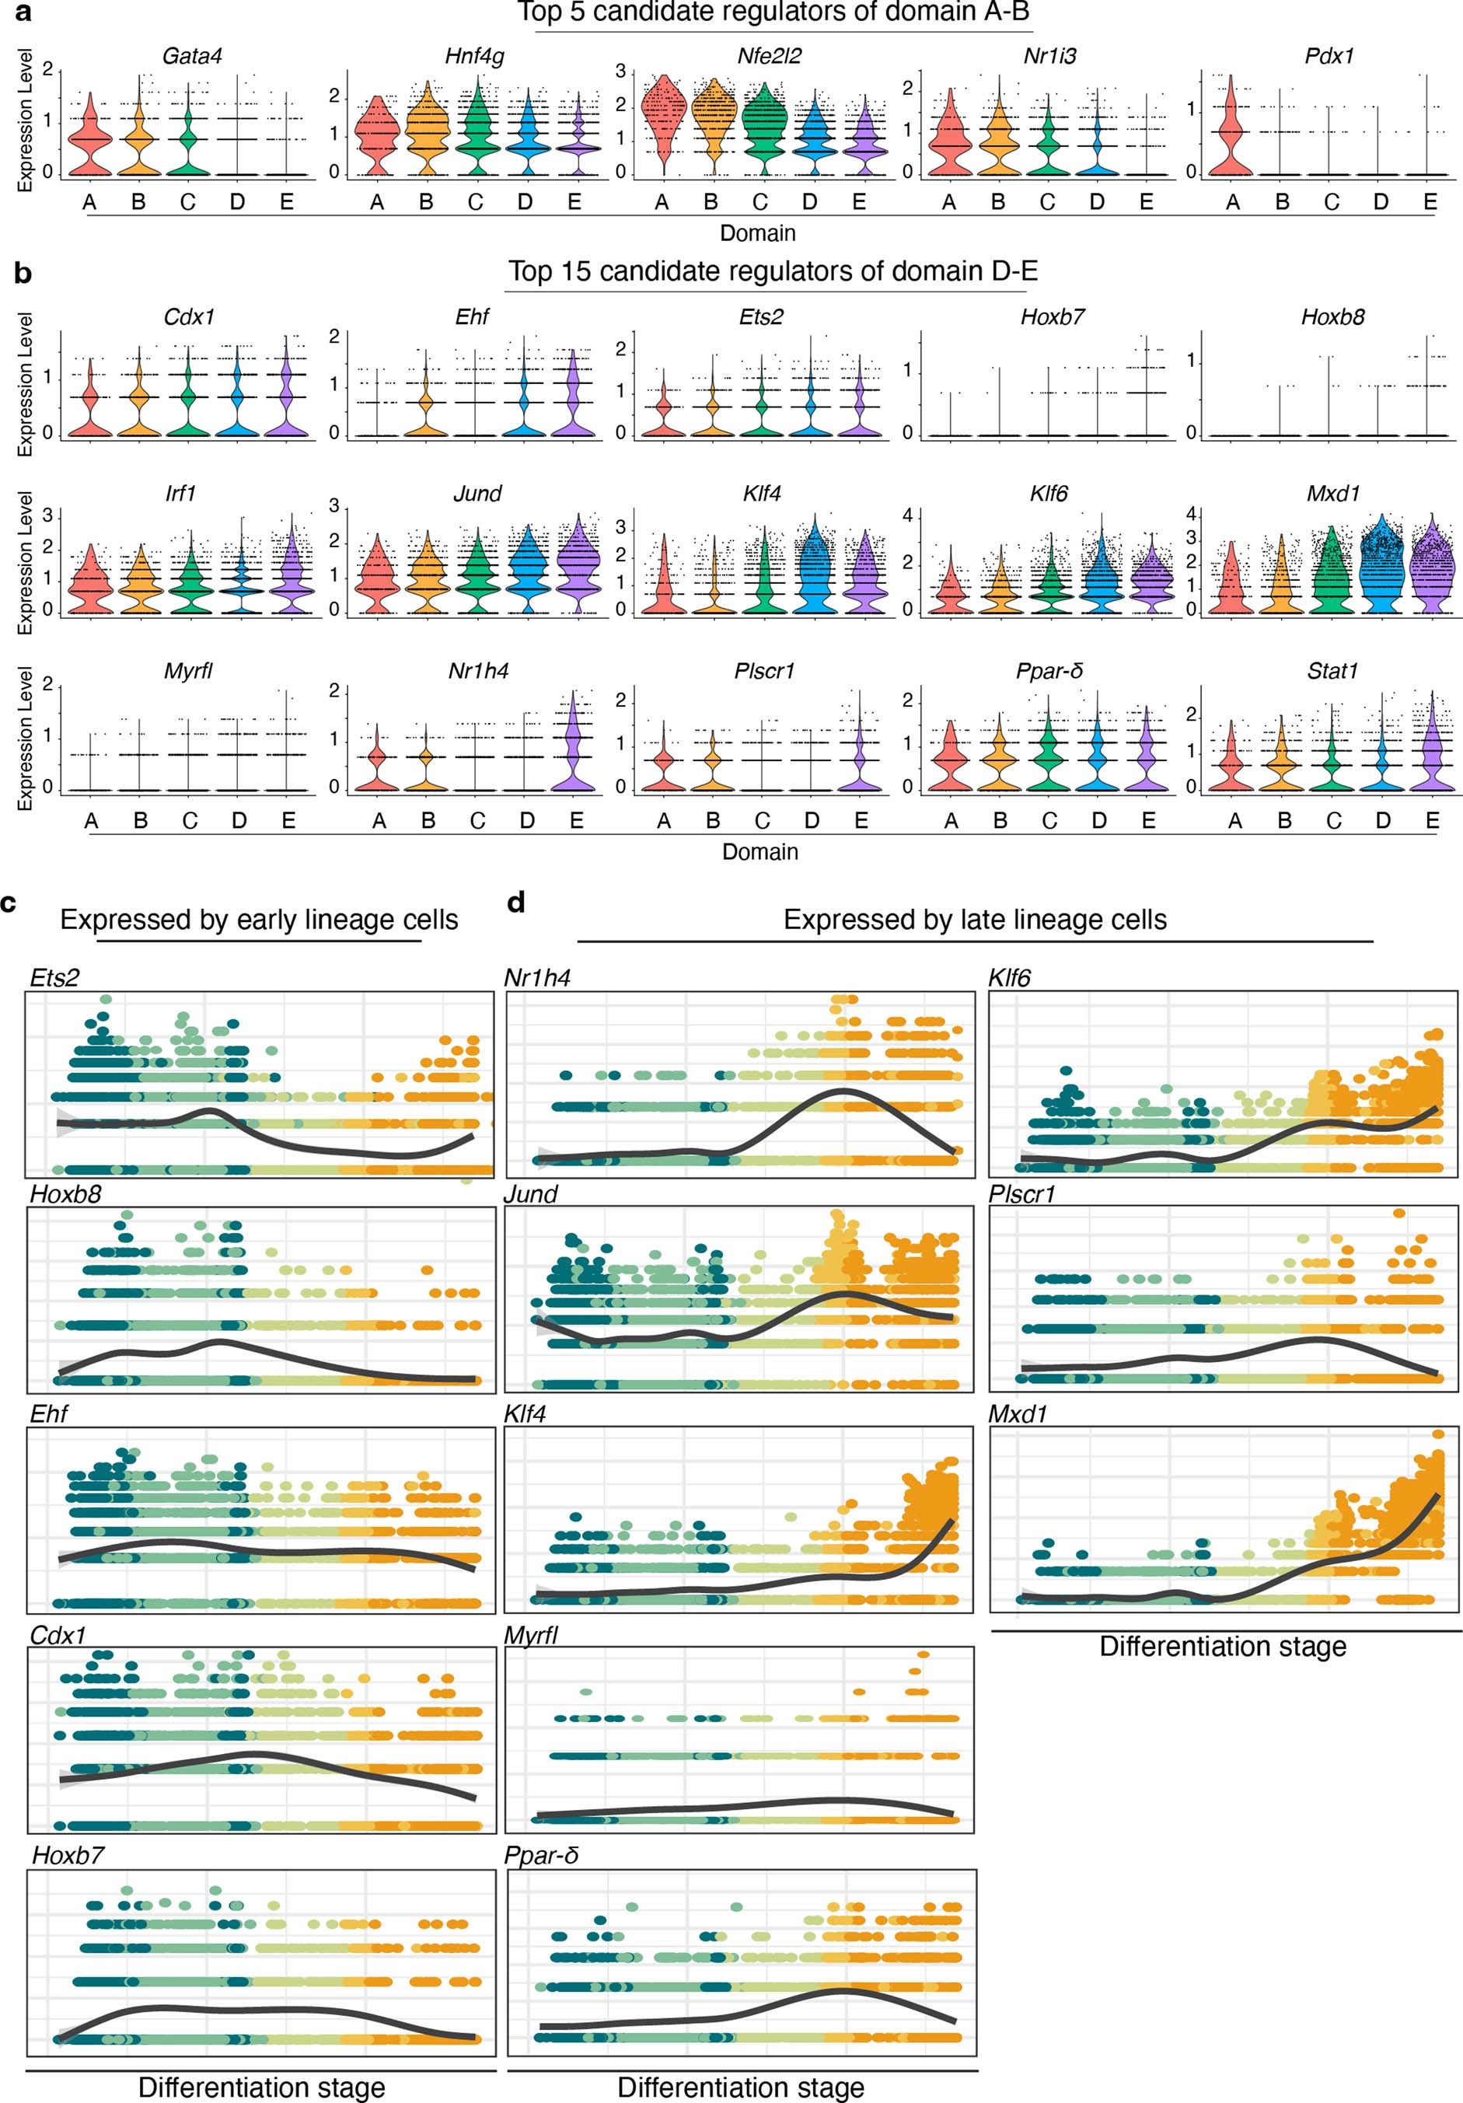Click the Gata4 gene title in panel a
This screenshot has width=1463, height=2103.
pos(192,56)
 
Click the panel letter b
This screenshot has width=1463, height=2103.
pos(23,273)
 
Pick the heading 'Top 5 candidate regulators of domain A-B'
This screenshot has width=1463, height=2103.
pos(774,12)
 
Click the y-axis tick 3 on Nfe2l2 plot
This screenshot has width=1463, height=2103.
pos(621,72)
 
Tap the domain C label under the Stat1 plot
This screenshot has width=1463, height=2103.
pos(1333,821)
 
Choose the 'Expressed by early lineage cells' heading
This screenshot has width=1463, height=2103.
pos(260,920)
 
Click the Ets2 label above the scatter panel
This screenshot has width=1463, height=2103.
pos(54,978)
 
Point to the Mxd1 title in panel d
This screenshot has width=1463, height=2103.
pos(1017,1414)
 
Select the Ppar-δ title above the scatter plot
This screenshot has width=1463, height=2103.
pos(541,1856)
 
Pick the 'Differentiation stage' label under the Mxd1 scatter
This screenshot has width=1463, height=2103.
pos(1222,1646)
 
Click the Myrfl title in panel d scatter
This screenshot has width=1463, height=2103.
pos(532,1635)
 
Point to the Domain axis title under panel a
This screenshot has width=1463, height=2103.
pos(758,232)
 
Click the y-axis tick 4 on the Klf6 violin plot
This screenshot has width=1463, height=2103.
pos(908,515)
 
